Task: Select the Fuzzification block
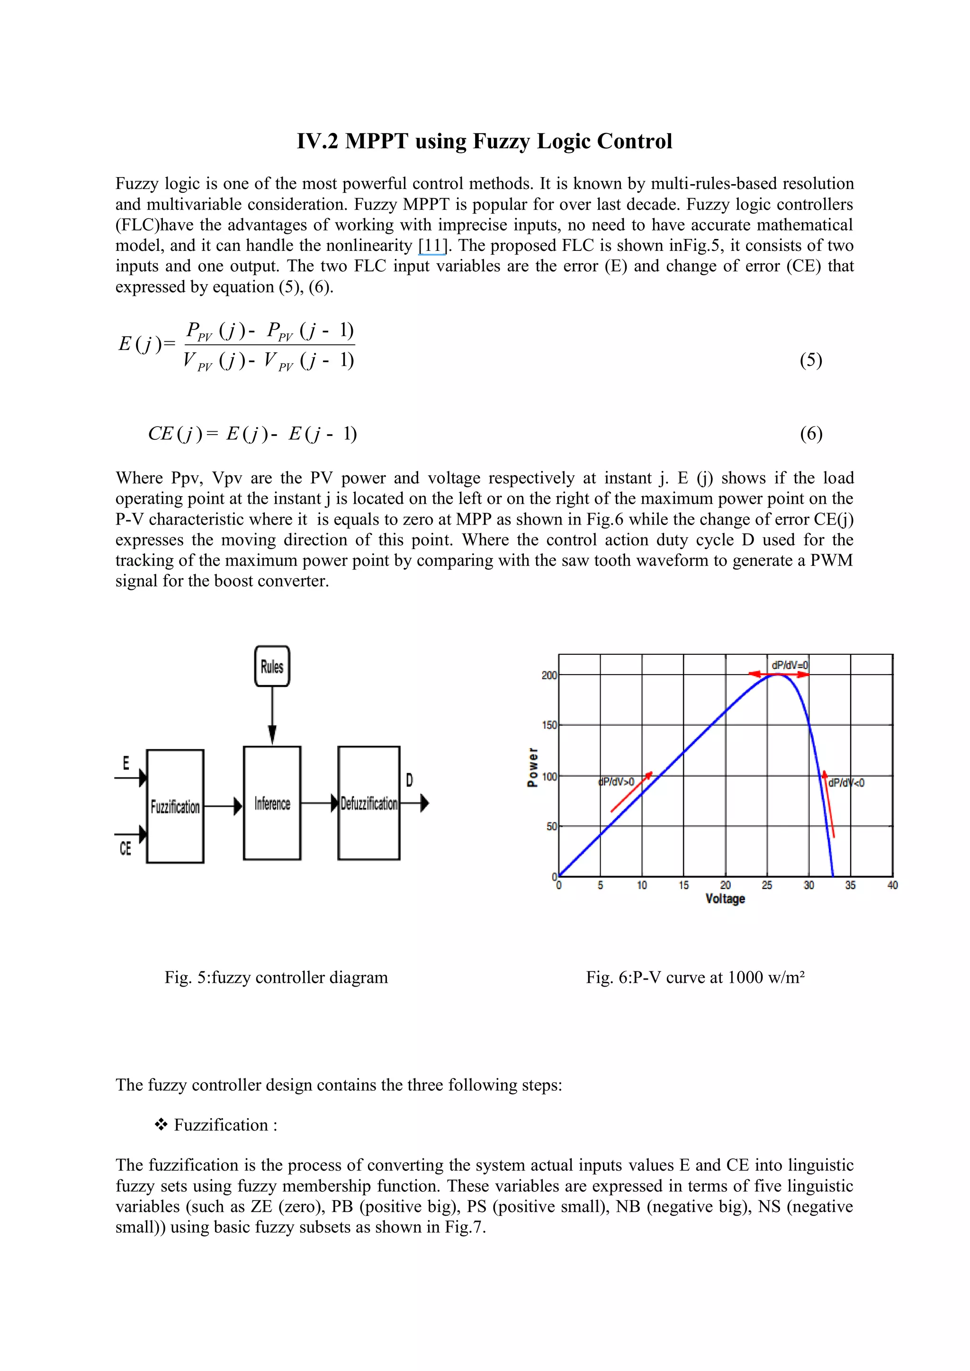pos(175,806)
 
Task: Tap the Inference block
pos(272,803)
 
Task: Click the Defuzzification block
pos(368,803)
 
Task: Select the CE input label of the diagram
pos(125,848)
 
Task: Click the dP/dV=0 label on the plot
pos(790,665)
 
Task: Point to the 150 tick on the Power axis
pos(549,725)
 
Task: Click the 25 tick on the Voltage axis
pos(767,885)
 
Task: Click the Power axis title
pos(533,767)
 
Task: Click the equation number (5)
pos(810,360)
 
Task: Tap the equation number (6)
pos(810,434)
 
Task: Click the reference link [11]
pos(432,245)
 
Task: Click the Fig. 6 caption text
pos(695,978)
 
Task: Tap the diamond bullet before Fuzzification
pos(161,1125)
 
